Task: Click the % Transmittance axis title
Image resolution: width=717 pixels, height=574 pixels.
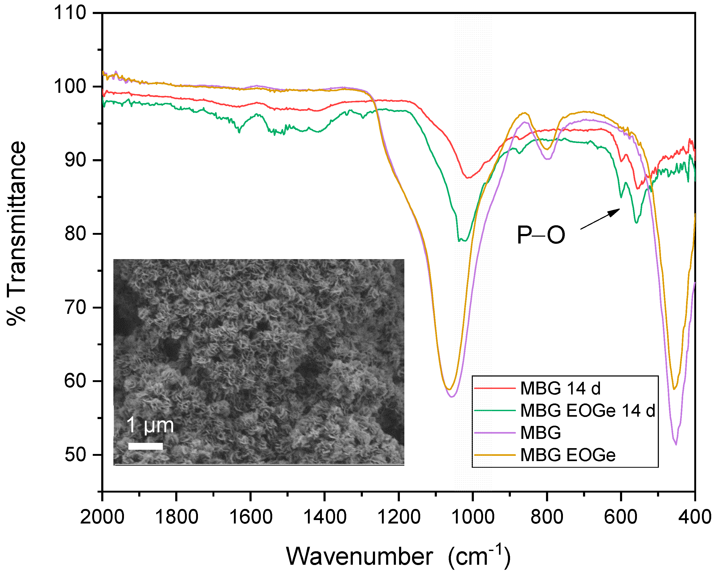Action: [x=17, y=233]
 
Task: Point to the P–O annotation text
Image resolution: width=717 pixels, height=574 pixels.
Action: [x=541, y=235]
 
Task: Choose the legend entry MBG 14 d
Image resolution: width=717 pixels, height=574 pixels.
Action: [x=560, y=388]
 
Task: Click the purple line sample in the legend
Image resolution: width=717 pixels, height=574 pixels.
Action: [x=495, y=433]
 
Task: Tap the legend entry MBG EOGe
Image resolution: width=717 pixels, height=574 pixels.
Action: [x=568, y=455]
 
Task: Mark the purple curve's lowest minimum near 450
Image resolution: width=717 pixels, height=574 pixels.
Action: [x=676, y=444]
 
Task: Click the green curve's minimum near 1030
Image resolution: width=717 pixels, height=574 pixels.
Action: [x=459, y=240]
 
